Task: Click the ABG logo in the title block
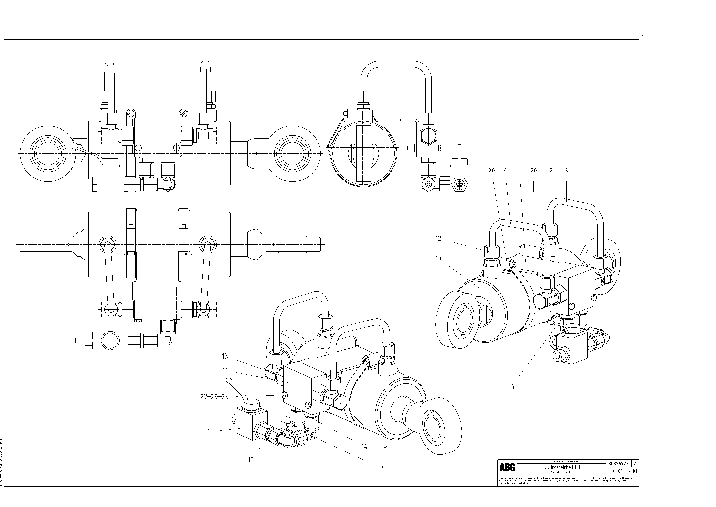(507, 467)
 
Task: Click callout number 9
(209, 432)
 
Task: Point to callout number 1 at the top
(520, 171)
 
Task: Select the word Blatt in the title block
(612, 471)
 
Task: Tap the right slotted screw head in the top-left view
(184, 112)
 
